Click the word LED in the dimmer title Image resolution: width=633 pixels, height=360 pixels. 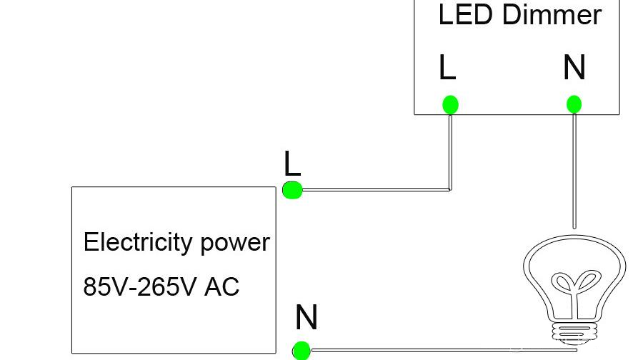click(x=464, y=15)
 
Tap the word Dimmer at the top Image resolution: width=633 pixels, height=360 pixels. click(x=552, y=15)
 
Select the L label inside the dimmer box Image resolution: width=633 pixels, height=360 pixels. click(x=447, y=68)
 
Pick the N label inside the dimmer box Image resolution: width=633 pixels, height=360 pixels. click(x=574, y=68)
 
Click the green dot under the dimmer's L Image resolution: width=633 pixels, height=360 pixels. click(x=449, y=105)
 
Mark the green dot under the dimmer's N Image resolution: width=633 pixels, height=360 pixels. click(x=574, y=105)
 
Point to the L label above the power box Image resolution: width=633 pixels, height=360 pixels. click(x=292, y=164)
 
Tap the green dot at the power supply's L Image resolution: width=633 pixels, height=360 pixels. click(x=292, y=190)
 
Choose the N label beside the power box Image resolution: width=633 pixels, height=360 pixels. click(x=306, y=317)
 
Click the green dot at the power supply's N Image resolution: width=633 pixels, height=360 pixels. click(x=301, y=351)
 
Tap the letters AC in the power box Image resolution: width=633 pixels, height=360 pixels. click(x=221, y=287)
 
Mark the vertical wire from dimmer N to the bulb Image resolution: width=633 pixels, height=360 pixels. click(x=574, y=171)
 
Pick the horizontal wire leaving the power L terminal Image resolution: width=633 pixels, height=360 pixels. click(x=372, y=190)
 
